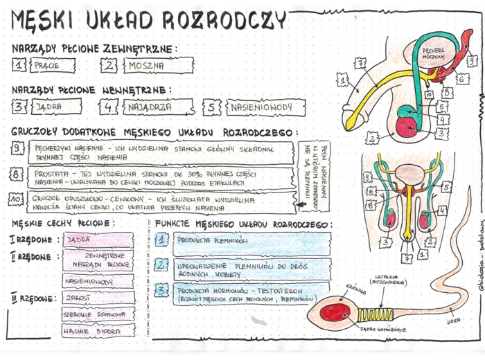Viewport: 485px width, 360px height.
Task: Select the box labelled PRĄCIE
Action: (x=53, y=66)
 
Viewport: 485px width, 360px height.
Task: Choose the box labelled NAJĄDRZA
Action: (x=157, y=107)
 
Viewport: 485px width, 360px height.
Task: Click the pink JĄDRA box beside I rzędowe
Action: (x=98, y=240)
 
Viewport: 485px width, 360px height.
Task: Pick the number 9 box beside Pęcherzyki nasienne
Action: (x=17, y=147)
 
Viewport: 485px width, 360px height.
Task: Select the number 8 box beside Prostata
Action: (x=17, y=174)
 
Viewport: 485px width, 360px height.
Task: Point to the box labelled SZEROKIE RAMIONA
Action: (x=98, y=314)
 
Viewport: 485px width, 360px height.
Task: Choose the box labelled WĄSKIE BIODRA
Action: (x=98, y=330)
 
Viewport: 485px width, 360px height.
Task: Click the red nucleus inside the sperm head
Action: (x=337, y=313)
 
